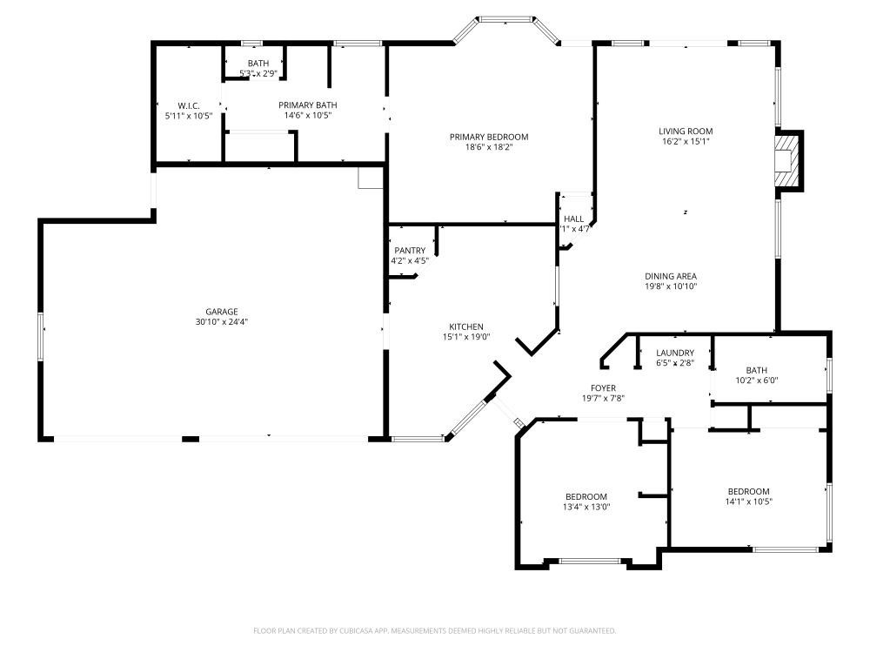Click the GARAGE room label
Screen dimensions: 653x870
(221, 312)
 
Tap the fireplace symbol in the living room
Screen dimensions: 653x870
(786, 159)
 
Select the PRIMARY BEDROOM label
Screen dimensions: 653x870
(488, 137)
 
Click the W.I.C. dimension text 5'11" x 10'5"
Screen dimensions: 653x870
(188, 116)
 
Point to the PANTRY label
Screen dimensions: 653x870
(409, 251)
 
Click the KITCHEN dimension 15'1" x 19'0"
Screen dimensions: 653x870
(466, 337)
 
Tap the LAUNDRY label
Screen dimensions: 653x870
(675, 353)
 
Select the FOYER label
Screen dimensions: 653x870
(603, 388)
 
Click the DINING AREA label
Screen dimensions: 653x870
(671, 276)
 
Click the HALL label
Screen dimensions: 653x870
(573, 219)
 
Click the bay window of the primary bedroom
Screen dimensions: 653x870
(506, 19)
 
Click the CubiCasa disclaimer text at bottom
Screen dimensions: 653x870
(434, 630)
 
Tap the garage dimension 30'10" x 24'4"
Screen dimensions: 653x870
(221, 322)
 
